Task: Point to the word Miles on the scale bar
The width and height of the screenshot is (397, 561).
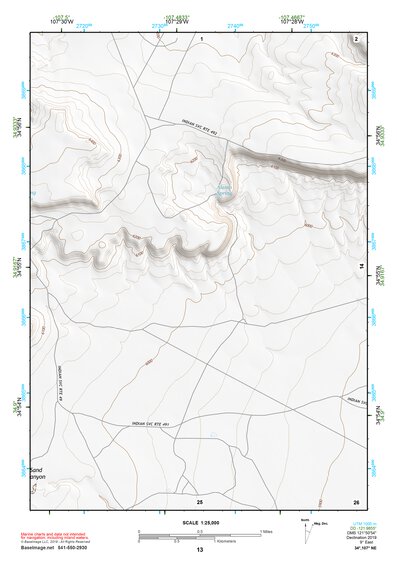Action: tap(266, 531)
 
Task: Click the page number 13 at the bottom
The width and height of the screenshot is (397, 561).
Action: tap(199, 551)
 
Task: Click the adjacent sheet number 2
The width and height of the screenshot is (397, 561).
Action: tap(356, 37)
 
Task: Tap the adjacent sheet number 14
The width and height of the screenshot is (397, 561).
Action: tap(362, 266)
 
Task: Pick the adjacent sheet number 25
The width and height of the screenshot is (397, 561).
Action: tap(200, 500)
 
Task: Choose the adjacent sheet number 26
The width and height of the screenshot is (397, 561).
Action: tap(356, 500)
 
